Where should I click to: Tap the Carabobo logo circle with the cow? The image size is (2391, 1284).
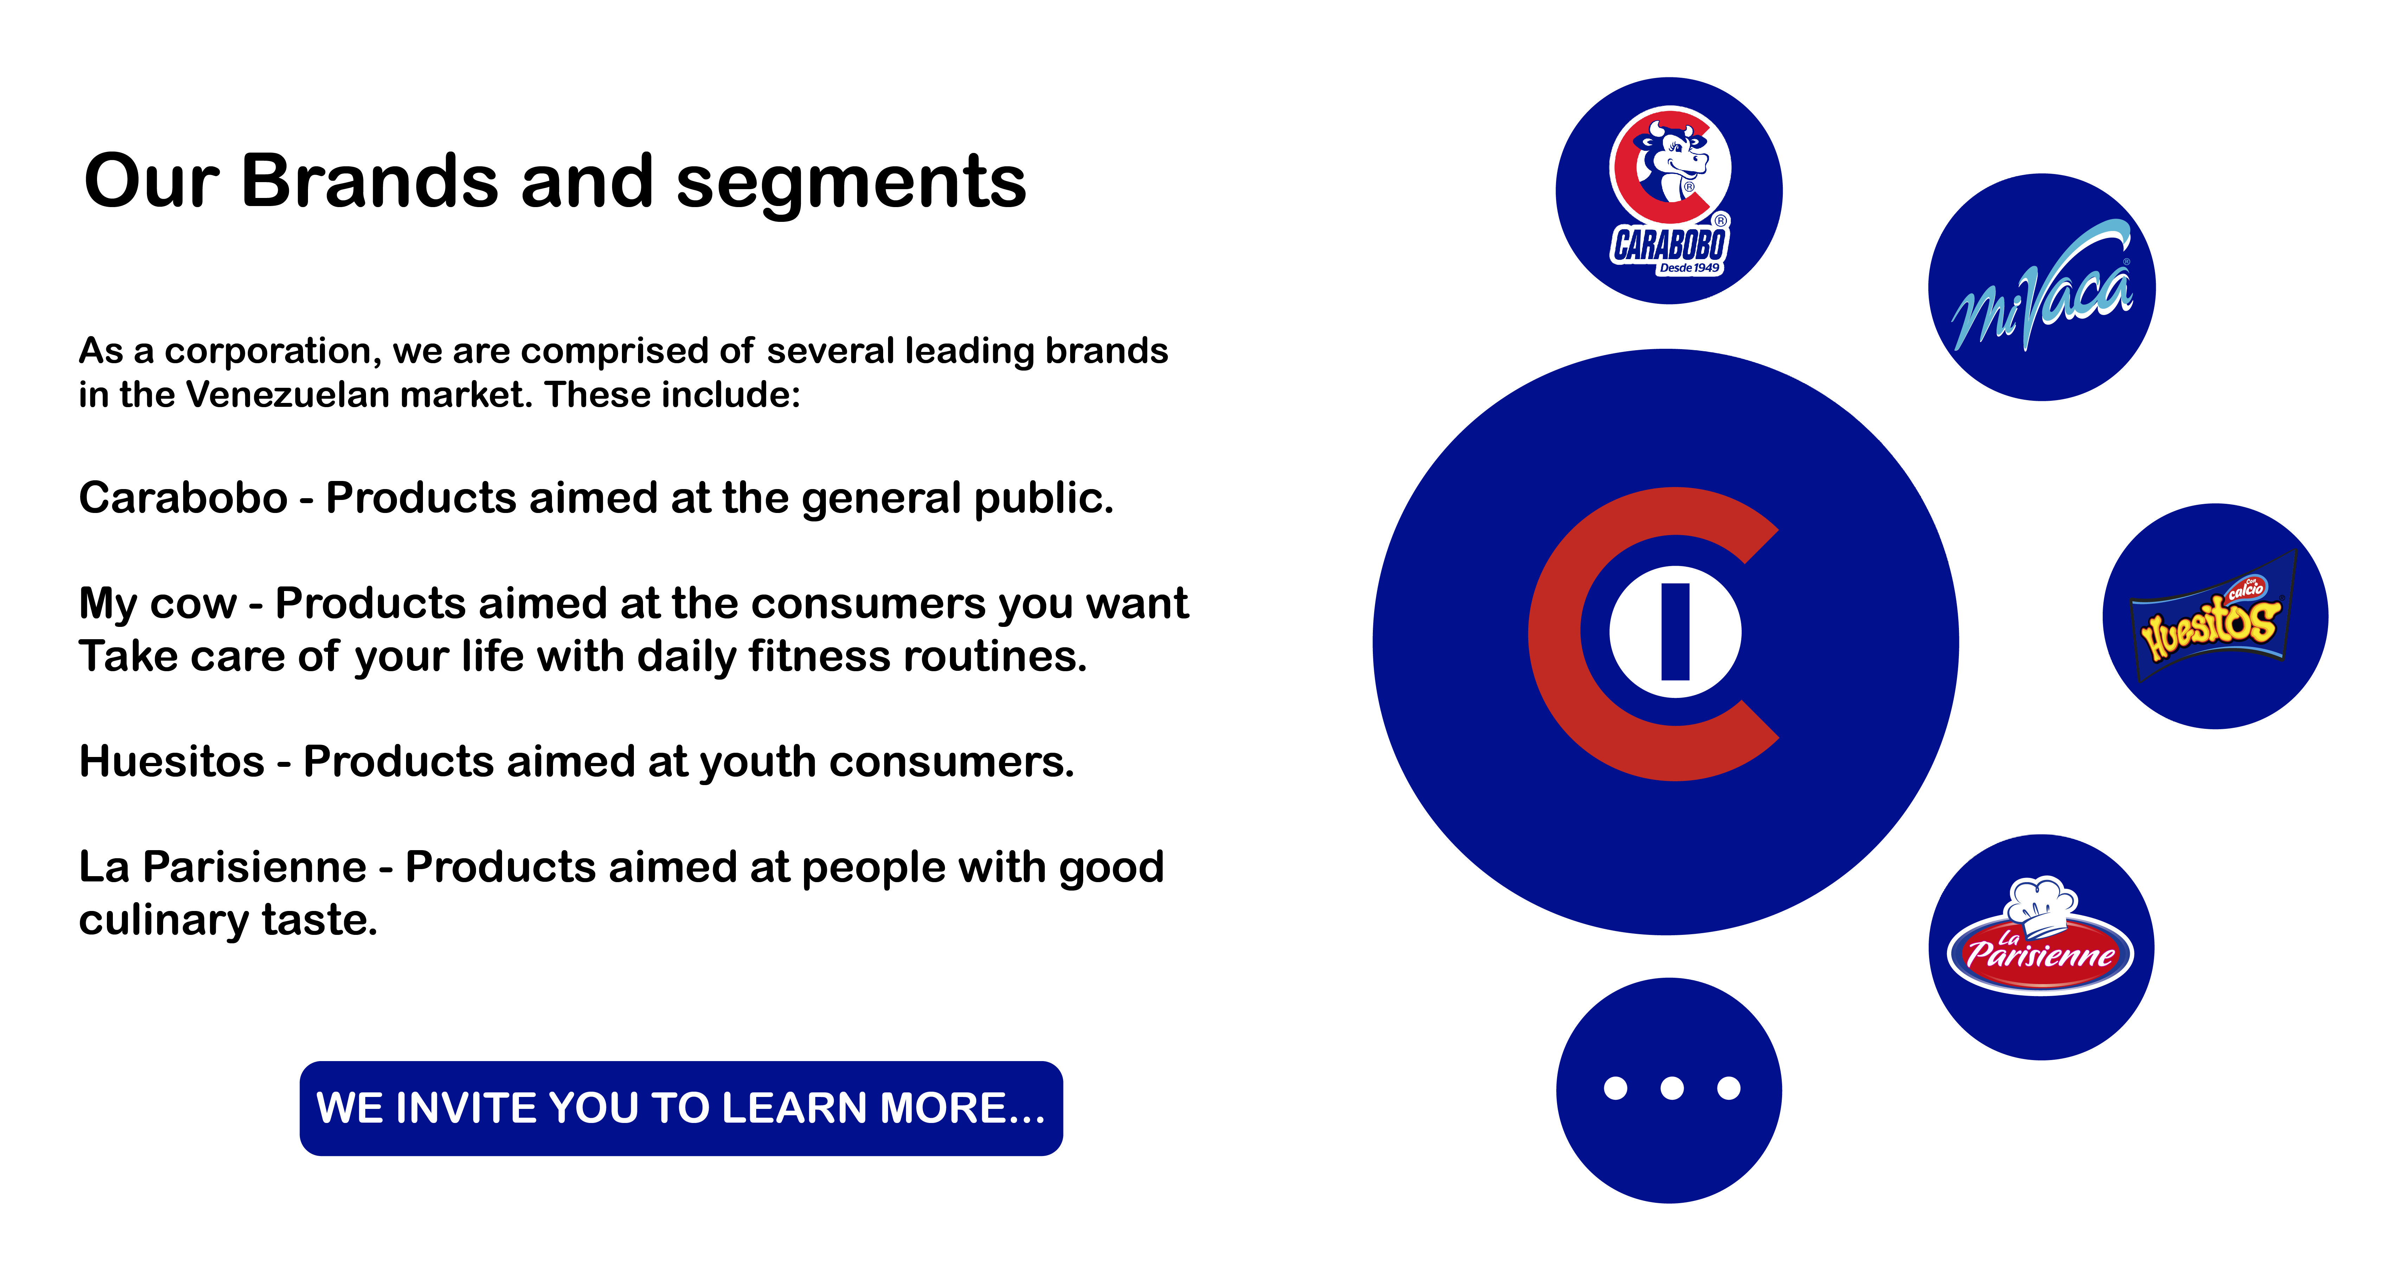pos(1669,190)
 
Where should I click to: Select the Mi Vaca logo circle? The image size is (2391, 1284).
pos(2042,287)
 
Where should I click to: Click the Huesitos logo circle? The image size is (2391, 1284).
pos(2216,616)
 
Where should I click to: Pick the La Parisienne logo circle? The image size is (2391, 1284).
pos(2041,947)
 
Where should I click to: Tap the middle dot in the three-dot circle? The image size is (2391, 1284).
pos(1672,1088)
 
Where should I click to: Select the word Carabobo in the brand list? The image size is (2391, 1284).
pos(183,497)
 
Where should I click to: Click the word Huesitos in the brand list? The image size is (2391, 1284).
pos(172,761)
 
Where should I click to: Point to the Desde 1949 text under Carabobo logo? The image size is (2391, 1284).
pos(1689,268)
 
